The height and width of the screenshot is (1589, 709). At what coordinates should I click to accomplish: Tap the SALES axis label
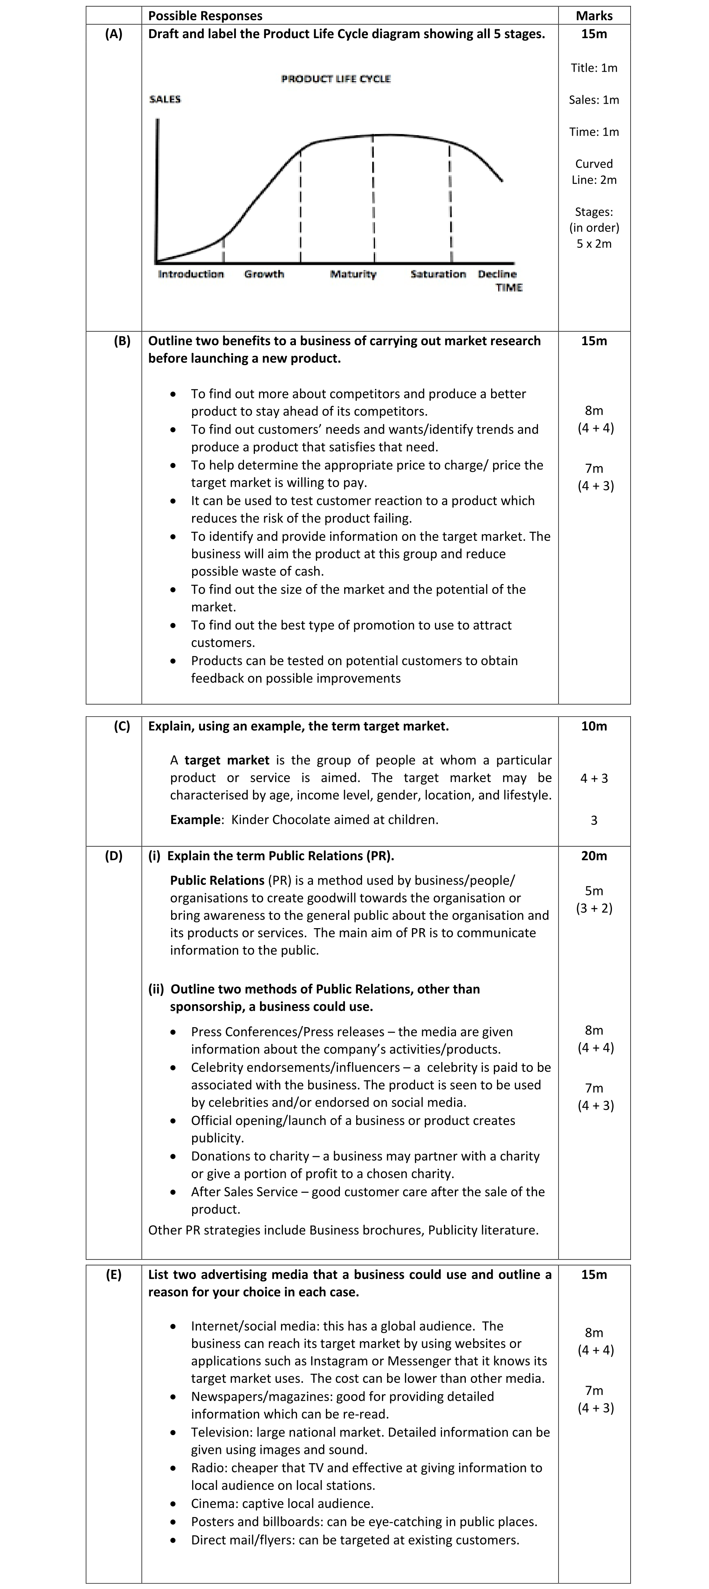point(165,99)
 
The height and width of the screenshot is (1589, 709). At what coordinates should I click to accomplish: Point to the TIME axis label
point(509,288)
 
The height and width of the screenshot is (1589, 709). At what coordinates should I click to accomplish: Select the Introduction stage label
point(191,274)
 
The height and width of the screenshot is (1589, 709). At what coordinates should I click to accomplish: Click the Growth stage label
point(264,274)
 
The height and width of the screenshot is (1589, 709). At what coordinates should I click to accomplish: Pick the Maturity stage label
point(353,274)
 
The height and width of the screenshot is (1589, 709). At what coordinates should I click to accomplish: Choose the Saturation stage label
point(438,274)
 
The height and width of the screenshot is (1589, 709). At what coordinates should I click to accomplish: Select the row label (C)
point(122,726)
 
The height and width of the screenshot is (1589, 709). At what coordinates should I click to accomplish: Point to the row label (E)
point(113,1275)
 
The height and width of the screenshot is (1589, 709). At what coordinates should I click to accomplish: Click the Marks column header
point(594,16)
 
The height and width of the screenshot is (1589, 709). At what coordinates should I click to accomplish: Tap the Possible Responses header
point(205,16)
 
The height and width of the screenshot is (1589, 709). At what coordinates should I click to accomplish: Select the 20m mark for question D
point(594,856)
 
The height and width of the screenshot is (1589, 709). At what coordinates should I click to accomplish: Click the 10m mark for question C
point(594,726)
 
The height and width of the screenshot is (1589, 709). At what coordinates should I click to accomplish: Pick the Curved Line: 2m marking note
point(594,171)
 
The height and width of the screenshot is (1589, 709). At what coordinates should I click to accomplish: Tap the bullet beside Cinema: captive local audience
point(175,1504)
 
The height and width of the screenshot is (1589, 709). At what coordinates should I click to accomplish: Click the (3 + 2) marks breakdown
point(594,908)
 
